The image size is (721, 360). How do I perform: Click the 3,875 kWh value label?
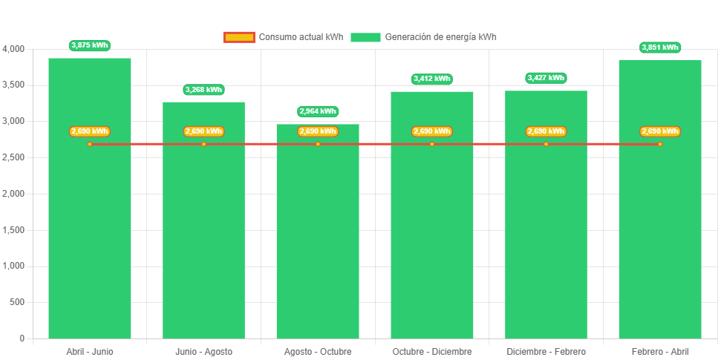coord(89,46)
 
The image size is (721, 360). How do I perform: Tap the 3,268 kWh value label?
coord(203,90)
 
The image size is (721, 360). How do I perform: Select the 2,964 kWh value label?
coord(318,111)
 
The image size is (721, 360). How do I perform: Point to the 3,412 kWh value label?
coord(431,79)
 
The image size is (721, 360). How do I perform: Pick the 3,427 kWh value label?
coord(546,78)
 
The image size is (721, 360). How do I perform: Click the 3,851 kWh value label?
coord(660,48)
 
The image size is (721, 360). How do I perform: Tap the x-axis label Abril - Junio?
coord(90,351)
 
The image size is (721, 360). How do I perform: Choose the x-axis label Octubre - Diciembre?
coord(431,351)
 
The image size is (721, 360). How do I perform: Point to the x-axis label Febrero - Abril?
coord(660,351)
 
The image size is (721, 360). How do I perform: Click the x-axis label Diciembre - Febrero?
coord(546,351)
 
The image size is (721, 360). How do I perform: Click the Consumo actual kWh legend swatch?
coord(239,37)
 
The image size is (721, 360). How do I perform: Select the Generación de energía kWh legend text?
coord(441,37)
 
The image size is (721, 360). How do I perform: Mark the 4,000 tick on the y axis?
coord(14,49)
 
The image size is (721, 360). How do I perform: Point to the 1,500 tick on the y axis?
coord(14,230)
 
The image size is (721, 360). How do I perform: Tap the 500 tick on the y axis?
coord(17,302)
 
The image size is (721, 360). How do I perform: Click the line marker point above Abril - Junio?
coord(90,144)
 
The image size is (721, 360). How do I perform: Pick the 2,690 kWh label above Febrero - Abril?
coord(660,131)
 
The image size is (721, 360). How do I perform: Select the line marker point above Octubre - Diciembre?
coord(431,144)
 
